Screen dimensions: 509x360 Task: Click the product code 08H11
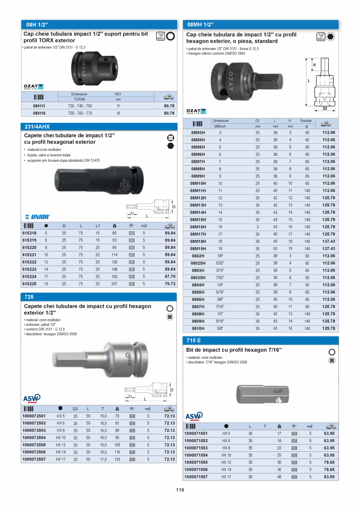[39, 106]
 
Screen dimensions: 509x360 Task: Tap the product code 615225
[30, 284]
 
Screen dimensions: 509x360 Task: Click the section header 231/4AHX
[38, 127]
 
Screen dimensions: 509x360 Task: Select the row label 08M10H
[198, 183]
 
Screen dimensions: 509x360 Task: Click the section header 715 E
[194, 341]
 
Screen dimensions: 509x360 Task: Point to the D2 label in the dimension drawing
[325, 108]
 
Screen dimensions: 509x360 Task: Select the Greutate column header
[306, 121]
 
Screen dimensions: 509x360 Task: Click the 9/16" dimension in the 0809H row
[220, 321]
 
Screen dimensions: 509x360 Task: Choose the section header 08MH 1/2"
[200, 25]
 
